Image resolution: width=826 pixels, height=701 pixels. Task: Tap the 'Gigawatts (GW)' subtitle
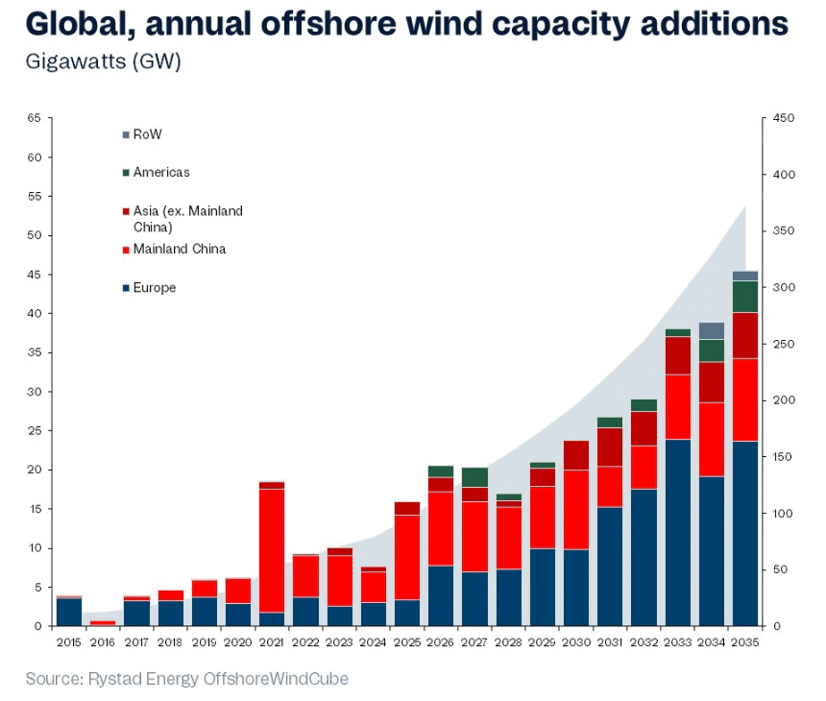click(x=103, y=61)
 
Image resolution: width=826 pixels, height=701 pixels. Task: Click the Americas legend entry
click(x=160, y=173)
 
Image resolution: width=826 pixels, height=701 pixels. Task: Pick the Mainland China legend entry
click(x=179, y=250)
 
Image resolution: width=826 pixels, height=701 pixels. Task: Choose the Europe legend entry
click(x=154, y=288)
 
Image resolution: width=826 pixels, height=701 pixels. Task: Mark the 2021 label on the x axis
click(x=270, y=641)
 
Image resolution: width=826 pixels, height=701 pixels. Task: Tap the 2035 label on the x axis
click(x=744, y=641)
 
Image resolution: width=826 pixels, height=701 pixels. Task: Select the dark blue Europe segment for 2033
click(x=678, y=532)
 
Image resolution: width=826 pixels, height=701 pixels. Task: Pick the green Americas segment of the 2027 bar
click(x=474, y=477)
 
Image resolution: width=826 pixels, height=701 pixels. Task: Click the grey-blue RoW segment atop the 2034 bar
click(x=712, y=331)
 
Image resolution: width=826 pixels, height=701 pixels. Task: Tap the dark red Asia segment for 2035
click(x=744, y=335)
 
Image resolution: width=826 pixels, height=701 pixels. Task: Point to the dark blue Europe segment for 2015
click(x=69, y=612)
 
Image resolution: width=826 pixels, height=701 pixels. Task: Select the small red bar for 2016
click(x=102, y=623)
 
